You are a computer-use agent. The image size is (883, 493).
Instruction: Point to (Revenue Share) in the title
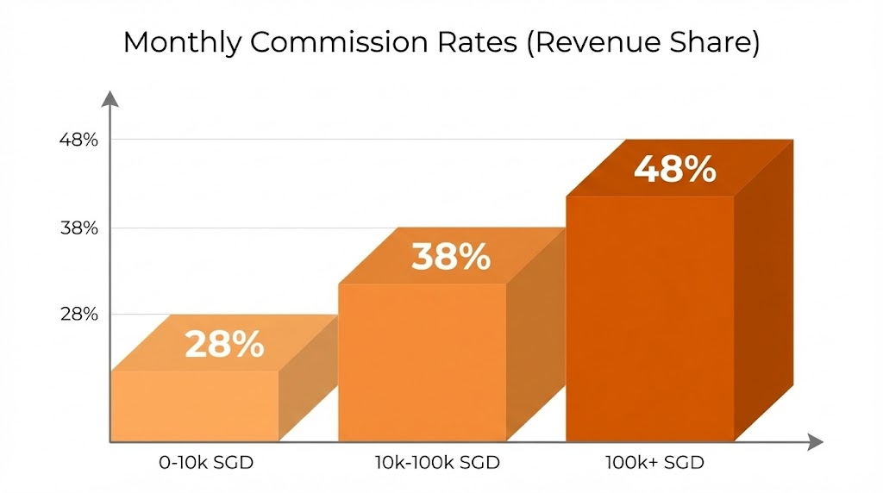[644, 43]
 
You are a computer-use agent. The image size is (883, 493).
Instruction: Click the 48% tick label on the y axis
[78, 140]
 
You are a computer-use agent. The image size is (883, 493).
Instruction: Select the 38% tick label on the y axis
[78, 228]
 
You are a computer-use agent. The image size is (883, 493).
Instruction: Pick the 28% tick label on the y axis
[78, 315]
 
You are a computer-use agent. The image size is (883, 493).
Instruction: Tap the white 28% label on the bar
[224, 345]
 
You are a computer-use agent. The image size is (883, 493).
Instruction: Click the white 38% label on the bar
[450, 257]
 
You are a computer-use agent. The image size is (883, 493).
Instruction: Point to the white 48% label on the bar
[674, 169]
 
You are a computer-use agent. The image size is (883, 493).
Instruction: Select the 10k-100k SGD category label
[437, 463]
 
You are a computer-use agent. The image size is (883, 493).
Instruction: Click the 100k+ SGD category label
[655, 463]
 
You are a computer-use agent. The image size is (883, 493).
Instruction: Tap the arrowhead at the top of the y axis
[110, 98]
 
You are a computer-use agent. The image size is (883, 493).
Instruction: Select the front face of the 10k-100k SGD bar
[422, 362]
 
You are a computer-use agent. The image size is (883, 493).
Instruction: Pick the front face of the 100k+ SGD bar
[649, 319]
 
